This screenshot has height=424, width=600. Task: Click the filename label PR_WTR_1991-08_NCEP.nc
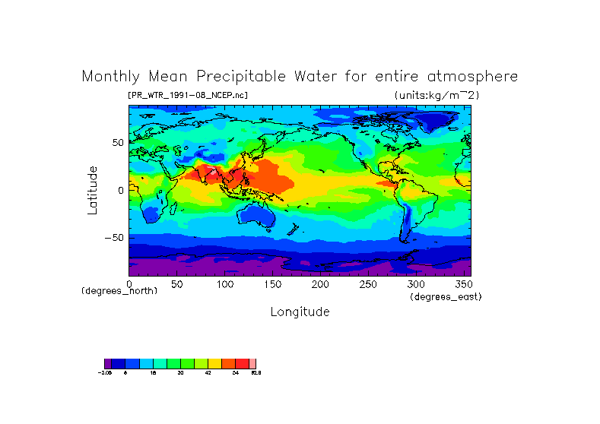click(x=188, y=95)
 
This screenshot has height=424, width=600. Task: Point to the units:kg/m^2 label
click(x=437, y=95)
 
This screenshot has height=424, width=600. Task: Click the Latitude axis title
click(x=92, y=190)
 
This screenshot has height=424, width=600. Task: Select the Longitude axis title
click(x=300, y=312)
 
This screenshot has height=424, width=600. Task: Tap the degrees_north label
click(x=119, y=291)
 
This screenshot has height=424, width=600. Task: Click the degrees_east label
click(x=446, y=296)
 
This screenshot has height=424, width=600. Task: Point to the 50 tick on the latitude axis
click(x=118, y=142)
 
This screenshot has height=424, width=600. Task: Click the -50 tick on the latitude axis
click(x=115, y=237)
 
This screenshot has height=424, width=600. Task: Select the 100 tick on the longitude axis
click(x=225, y=284)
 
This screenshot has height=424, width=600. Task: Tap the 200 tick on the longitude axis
click(x=321, y=284)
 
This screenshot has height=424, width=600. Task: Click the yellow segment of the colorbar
click(x=215, y=364)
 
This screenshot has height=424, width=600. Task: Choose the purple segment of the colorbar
click(x=107, y=364)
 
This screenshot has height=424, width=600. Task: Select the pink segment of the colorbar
click(x=253, y=364)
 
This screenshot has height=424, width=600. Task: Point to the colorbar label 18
click(x=154, y=373)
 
